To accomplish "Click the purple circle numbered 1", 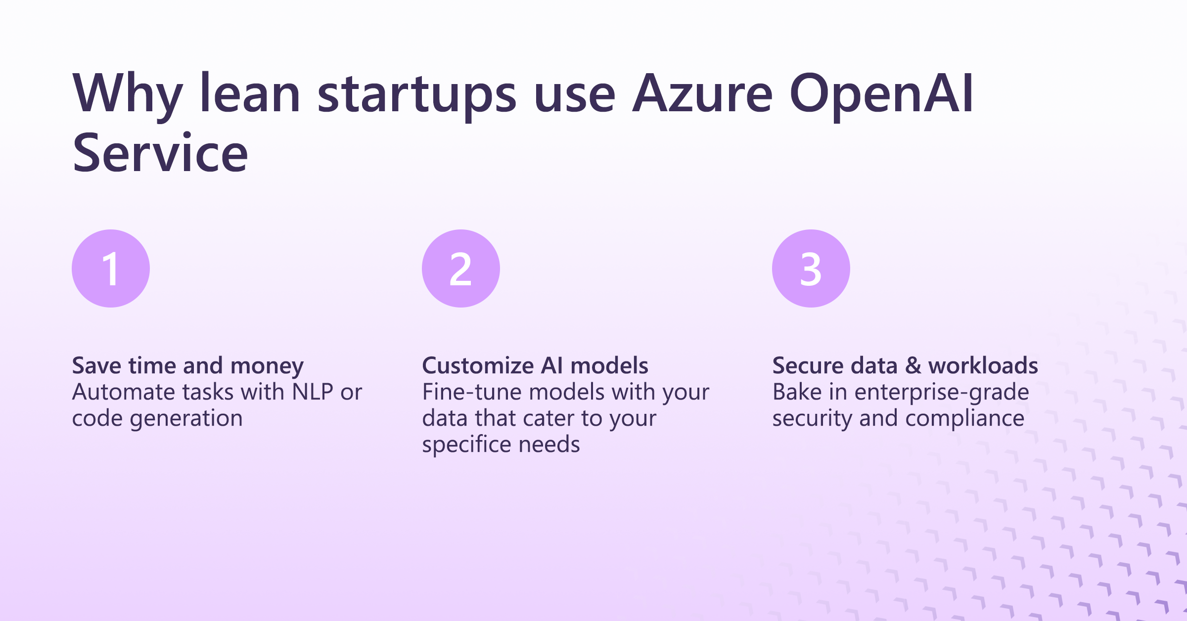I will pyautogui.click(x=111, y=268).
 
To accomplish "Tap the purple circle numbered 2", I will pyautogui.click(x=460, y=268).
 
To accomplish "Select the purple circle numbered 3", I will pyautogui.click(x=811, y=268).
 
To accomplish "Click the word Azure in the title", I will pyautogui.click(x=702, y=94).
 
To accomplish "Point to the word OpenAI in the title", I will pyautogui.click(x=881, y=94).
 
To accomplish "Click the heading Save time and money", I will pyautogui.click(x=188, y=366).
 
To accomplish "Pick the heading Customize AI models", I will pyautogui.click(x=535, y=366).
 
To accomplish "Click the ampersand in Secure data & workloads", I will pyautogui.click(x=913, y=366).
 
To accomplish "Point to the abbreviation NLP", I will pyautogui.click(x=312, y=392).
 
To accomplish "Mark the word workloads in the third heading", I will pyautogui.click(x=983, y=366).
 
